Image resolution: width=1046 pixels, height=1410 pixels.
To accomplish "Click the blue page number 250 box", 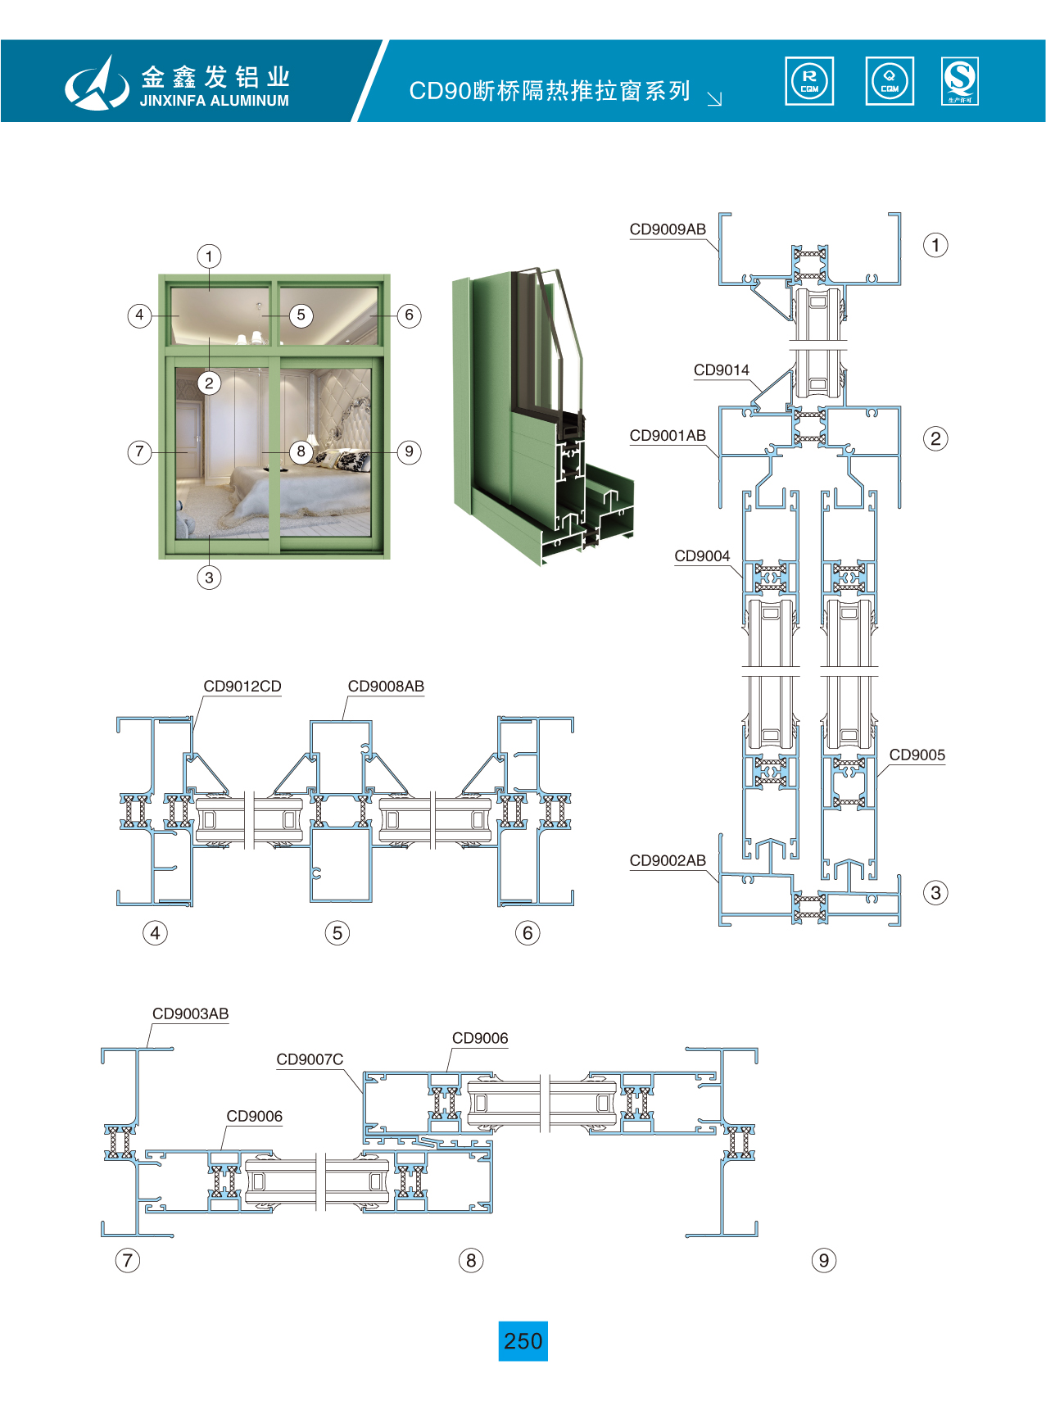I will coord(523,1341).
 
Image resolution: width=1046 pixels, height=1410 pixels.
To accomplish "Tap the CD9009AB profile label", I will coord(667,229).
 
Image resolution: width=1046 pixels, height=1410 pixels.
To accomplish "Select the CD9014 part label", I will coord(721,370).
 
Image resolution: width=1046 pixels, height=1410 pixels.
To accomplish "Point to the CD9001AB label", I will coord(667,436).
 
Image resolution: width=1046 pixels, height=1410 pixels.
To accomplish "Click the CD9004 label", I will coord(702,556).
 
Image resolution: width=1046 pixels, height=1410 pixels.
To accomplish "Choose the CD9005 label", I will coord(917,755).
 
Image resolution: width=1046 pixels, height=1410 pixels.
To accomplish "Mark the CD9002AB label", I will coord(667,861).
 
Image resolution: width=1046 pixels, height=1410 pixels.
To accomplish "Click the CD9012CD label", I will coord(242,687).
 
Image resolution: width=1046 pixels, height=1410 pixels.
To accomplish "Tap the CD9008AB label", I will coord(386,687).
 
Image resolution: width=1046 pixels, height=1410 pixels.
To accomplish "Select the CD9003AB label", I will coord(190,1014).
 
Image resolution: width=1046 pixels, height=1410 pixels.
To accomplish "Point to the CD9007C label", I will coord(310,1060).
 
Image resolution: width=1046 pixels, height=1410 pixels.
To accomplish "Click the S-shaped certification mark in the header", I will coord(959,80).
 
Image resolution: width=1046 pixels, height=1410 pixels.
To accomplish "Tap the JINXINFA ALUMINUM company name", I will coord(214,101).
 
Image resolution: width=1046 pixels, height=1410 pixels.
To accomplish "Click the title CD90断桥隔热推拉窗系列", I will coord(549,91).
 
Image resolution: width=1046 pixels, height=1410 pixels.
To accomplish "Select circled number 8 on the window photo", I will coord(301,451).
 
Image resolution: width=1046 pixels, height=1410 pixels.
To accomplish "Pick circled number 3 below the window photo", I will coord(209,578).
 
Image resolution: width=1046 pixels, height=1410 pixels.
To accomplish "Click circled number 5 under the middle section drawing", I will coord(337,933).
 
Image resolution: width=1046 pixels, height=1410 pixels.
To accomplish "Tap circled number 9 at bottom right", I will coord(823,1260).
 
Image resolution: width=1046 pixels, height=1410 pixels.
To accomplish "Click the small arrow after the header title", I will coord(714,99).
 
